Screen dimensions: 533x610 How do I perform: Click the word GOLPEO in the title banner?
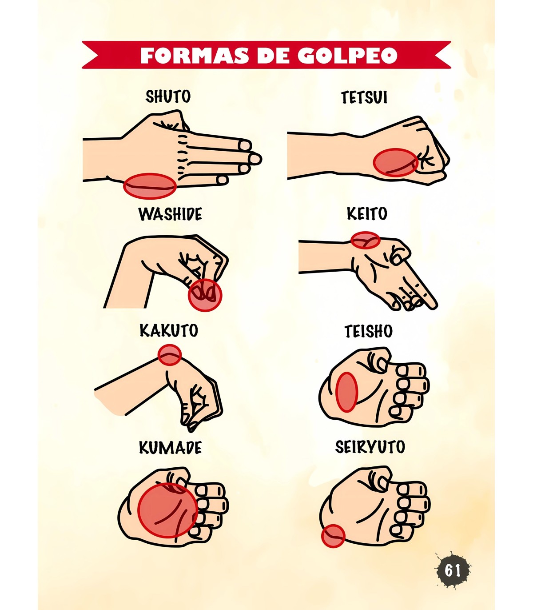tap(347, 55)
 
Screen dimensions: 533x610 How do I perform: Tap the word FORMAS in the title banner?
tap(194, 55)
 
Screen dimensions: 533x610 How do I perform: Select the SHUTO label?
tap(168, 96)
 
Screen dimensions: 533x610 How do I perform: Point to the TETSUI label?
tap(364, 97)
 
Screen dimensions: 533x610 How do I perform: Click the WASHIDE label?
tap(170, 214)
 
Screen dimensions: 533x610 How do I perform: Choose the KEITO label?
tap(367, 213)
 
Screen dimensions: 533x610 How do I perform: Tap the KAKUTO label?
tap(169, 330)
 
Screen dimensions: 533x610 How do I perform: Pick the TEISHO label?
tap(368, 331)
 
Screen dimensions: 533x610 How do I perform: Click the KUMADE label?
tap(170, 448)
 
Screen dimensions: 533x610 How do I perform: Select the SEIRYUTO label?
tap(370, 447)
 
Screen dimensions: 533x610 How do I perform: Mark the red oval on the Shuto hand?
tap(150, 186)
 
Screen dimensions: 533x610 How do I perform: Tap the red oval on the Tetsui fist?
tap(396, 162)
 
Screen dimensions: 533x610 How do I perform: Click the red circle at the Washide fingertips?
tap(205, 295)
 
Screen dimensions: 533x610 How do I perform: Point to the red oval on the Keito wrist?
tap(366, 240)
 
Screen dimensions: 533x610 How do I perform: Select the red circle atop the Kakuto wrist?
tap(169, 354)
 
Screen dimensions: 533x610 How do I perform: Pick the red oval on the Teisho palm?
tap(346, 392)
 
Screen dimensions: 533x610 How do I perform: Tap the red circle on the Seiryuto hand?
tap(333, 536)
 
